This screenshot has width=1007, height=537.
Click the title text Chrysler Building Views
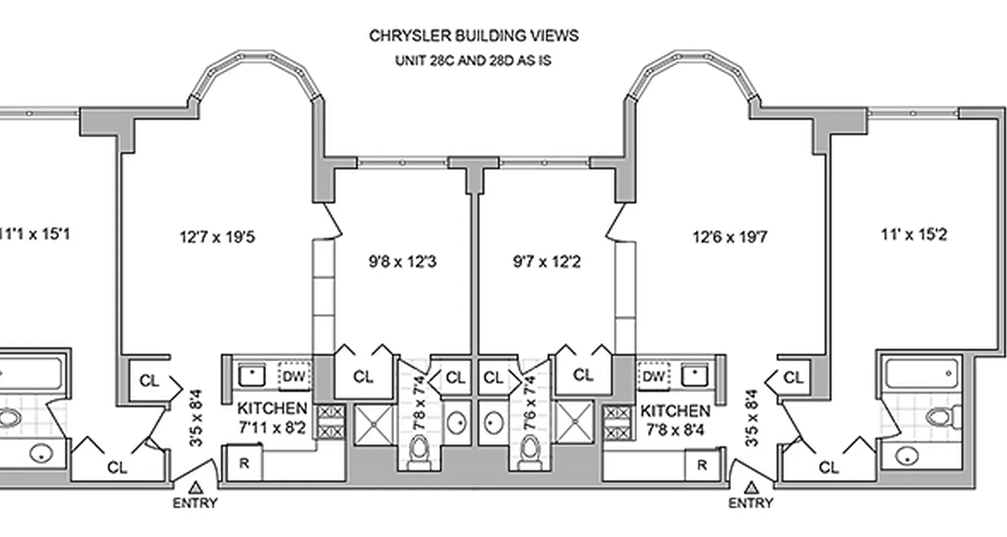[x=473, y=36]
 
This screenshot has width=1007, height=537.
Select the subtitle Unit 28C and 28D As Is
[x=473, y=60]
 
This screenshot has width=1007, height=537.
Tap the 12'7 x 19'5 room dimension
[x=217, y=237]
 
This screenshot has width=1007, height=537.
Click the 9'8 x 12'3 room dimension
[x=402, y=262]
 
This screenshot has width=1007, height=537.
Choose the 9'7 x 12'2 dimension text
[x=546, y=262]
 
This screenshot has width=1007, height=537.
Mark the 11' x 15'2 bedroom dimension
[x=914, y=235]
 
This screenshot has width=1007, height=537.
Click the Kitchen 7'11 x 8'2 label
[x=272, y=417]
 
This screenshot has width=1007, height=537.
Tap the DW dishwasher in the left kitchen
[x=295, y=377]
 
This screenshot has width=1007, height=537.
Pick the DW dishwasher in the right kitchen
[x=653, y=376]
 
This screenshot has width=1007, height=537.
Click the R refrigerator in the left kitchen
[x=244, y=464]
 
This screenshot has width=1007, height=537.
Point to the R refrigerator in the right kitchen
[x=702, y=465]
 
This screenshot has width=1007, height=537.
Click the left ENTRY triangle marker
[x=196, y=488]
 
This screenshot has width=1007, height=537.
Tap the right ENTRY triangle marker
[x=751, y=488]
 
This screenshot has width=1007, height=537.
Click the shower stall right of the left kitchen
[x=376, y=423]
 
